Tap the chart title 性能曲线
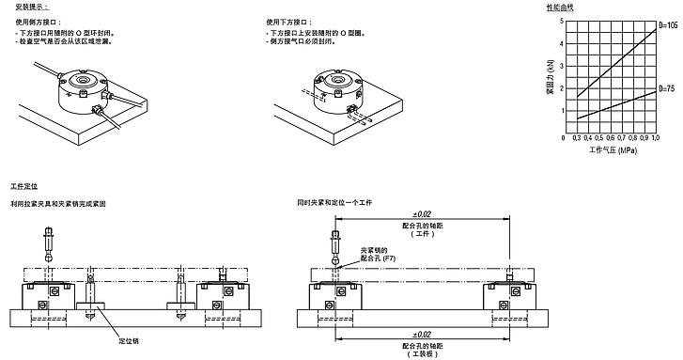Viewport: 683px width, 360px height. (x=559, y=7)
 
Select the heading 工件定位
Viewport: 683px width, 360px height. (x=23, y=188)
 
